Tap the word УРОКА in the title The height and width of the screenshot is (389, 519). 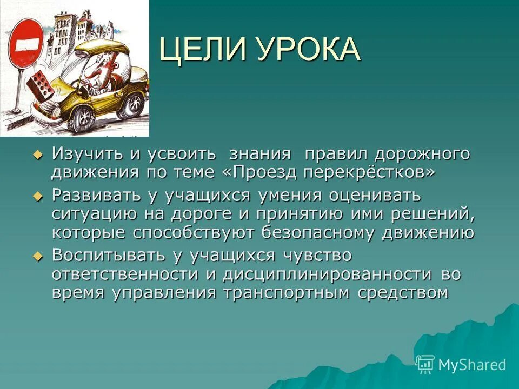point(308,50)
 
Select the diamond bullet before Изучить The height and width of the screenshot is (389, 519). point(37,155)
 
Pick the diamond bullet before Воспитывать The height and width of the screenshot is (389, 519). point(37,256)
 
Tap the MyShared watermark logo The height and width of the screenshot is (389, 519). point(461,365)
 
